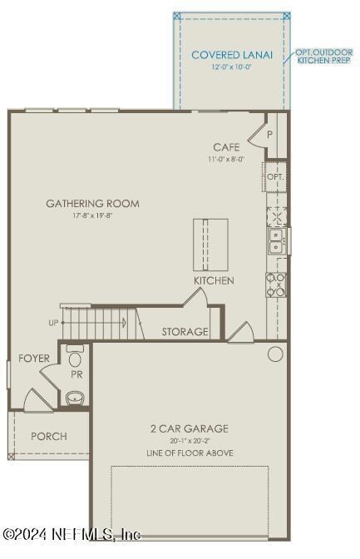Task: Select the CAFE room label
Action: [226, 147]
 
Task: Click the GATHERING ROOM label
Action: [92, 203]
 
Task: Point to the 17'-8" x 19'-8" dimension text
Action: [92, 215]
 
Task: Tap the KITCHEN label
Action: [214, 281]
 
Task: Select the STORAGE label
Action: [185, 332]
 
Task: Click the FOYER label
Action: [34, 359]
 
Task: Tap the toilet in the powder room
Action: [76, 359]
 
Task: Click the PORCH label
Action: [48, 436]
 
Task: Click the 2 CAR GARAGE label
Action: [189, 428]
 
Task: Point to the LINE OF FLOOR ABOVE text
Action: [189, 453]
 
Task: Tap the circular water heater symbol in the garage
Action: [275, 354]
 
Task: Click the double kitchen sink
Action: [276, 241]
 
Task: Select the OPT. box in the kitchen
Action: [275, 177]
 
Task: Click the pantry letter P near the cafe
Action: [270, 133]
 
